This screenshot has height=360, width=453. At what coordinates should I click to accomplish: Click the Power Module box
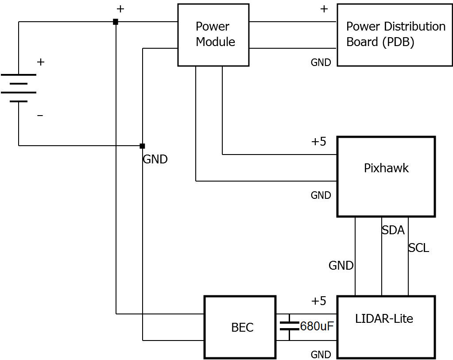(x=213, y=35)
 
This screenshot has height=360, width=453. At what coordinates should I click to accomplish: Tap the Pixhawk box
(x=386, y=176)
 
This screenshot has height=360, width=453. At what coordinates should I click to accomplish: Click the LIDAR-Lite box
(x=386, y=327)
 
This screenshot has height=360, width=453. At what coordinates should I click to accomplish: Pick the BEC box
(x=240, y=327)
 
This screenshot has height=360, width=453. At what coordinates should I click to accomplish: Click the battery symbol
(x=19, y=88)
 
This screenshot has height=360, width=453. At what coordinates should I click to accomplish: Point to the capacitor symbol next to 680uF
(x=289, y=327)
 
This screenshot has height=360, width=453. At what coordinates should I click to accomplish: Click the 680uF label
(x=317, y=327)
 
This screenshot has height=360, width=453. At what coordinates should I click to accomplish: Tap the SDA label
(x=393, y=230)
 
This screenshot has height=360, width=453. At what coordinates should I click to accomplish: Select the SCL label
(x=418, y=248)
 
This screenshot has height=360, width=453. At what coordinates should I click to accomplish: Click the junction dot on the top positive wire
(x=116, y=22)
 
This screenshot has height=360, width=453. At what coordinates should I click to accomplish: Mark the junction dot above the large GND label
(x=142, y=146)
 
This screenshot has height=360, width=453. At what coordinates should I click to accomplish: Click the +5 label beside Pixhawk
(x=318, y=142)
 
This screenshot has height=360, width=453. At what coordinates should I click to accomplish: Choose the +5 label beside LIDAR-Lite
(x=318, y=301)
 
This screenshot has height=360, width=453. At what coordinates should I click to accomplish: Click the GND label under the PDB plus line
(x=321, y=62)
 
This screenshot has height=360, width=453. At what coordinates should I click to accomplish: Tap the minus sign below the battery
(x=40, y=116)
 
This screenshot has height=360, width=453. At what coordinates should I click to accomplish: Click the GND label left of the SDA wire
(x=341, y=266)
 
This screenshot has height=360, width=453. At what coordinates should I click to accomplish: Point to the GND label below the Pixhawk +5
(x=321, y=195)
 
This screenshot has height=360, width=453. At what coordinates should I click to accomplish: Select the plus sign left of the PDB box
(x=324, y=9)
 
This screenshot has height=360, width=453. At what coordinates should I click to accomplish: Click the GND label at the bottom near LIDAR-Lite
(x=321, y=355)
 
